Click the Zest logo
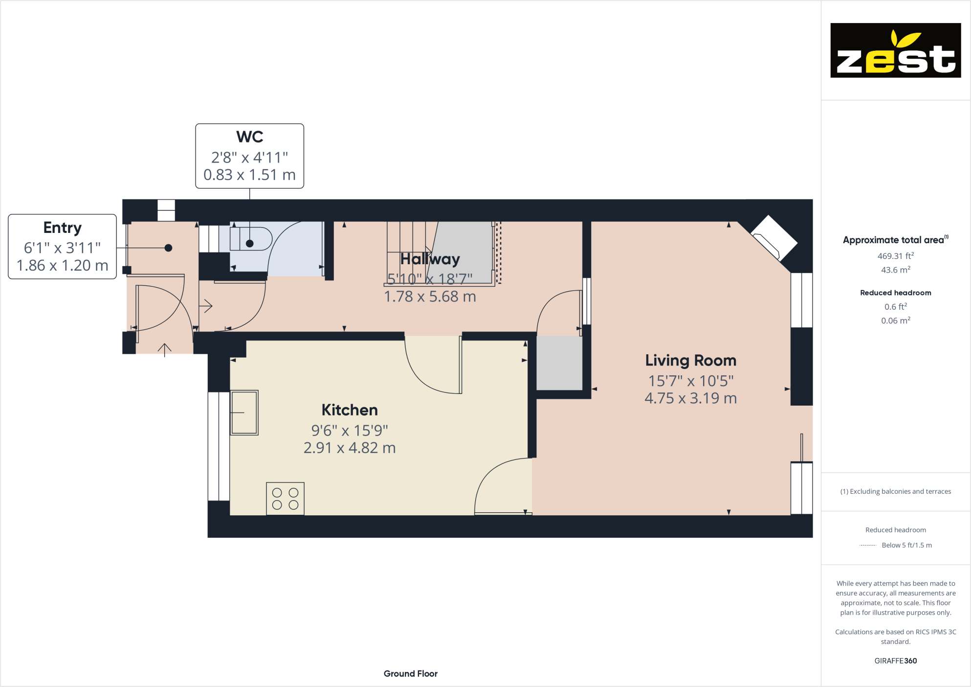coord(896,50)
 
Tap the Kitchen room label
coord(350,410)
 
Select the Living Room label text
coord(690,361)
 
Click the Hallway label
coord(430,259)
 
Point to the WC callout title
coord(250,137)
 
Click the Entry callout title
coord(63,228)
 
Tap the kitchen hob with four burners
coord(285,499)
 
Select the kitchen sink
coord(244,412)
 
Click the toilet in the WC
coord(251,239)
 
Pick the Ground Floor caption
coord(411,674)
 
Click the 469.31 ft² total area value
coord(896,256)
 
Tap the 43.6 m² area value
coord(896,270)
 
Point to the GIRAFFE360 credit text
coord(896,661)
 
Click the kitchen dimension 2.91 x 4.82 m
coord(350,448)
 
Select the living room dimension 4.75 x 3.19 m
coord(690,398)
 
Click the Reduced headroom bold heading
coord(896,293)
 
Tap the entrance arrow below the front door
coord(164,350)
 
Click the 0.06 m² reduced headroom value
coord(896,321)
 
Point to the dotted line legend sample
coord(868,545)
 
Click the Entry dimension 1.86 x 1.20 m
coord(63,266)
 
